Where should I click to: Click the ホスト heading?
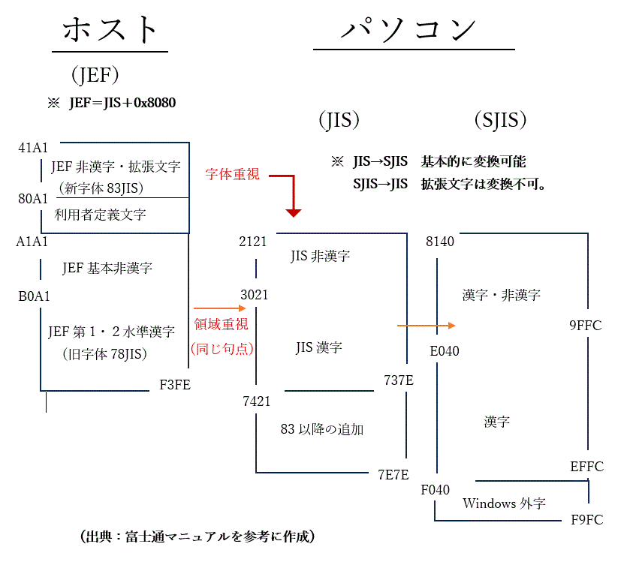point(110,31)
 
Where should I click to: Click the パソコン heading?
point(408,29)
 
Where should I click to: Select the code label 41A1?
point(34,147)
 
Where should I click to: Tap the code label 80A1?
point(34,199)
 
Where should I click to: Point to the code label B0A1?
point(34,296)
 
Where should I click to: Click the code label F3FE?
point(175,386)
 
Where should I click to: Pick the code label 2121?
point(253,242)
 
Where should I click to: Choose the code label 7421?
point(257,401)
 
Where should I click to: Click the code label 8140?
point(440,242)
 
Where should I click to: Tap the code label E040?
point(445,350)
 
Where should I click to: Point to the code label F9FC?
point(586,519)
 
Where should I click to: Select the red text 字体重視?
point(233,174)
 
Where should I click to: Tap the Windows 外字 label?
point(505,503)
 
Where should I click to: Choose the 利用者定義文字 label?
point(101,215)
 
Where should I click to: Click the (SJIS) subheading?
point(500,119)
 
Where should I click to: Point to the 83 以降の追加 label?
point(322,429)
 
